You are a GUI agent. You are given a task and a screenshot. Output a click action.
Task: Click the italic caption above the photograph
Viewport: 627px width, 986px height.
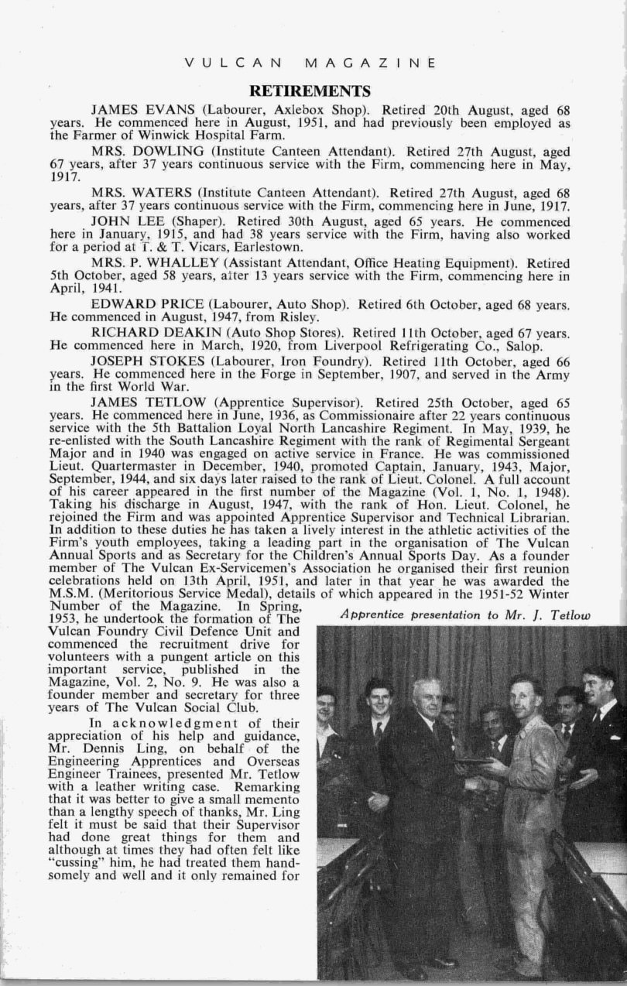coord(464,615)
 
